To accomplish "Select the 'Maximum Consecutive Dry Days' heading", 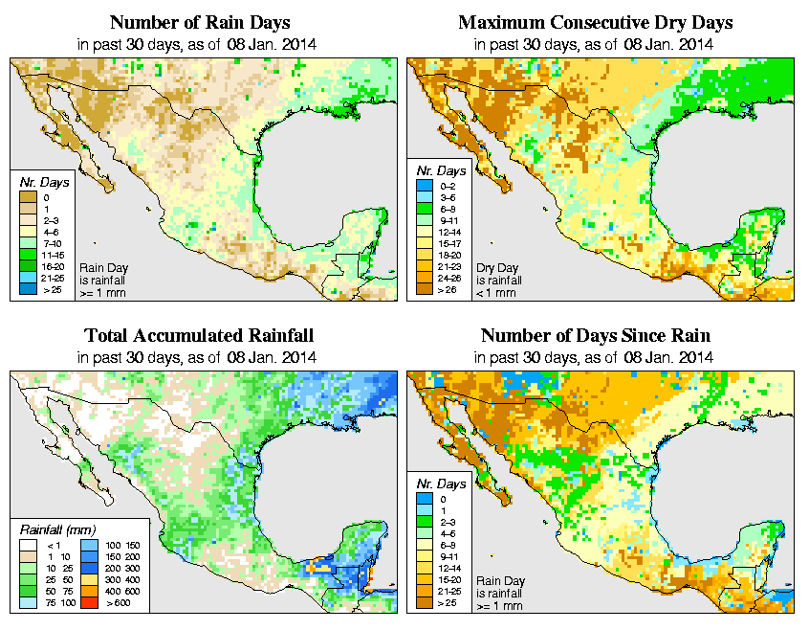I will (x=595, y=22).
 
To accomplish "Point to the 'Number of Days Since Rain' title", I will (x=595, y=335).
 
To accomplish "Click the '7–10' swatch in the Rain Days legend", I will (x=26, y=242).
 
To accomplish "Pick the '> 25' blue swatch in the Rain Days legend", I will (x=26, y=287).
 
